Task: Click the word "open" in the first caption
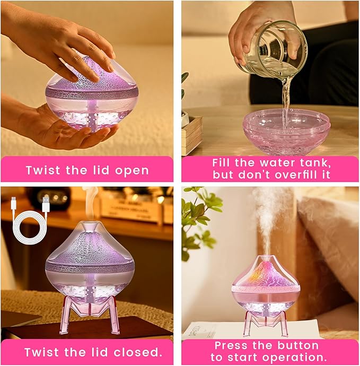pyautogui.click(x=129, y=170)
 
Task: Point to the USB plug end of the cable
pyautogui.click(x=46, y=205)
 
